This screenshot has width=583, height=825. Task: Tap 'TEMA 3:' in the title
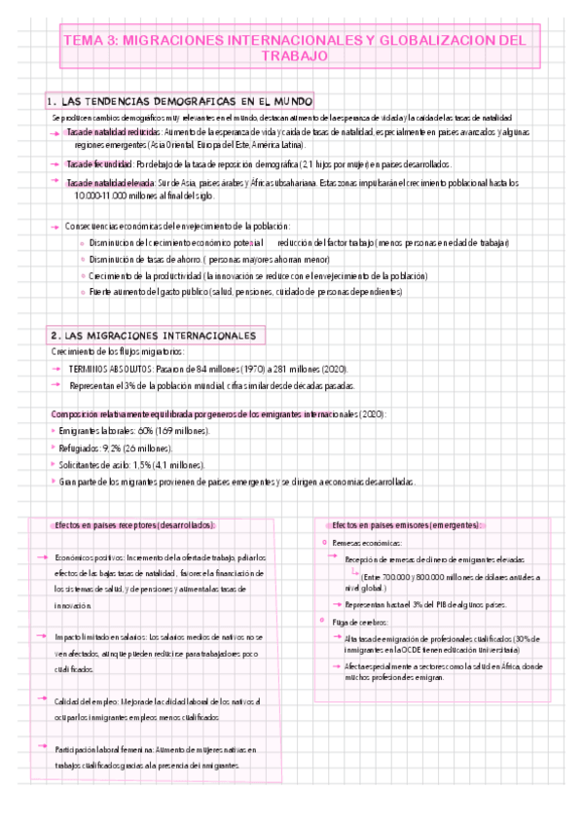click(x=92, y=41)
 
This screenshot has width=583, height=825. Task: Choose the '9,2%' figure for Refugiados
click(x=111, y=448)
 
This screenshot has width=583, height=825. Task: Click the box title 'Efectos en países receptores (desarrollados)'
click(x=134, y=525)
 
